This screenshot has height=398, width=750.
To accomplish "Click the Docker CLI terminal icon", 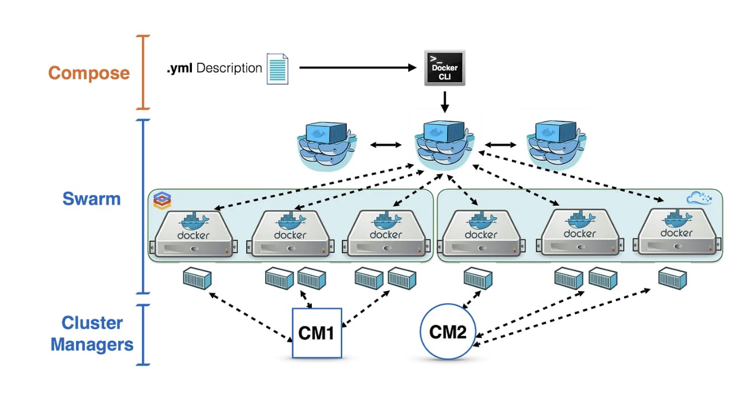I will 444,68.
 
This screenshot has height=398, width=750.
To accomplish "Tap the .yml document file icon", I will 277,68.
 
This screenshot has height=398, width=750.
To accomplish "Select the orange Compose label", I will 89,73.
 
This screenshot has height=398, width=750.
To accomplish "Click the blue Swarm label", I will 92,198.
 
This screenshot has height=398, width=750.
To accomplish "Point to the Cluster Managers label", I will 92,334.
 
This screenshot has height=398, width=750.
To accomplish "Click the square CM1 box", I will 317,333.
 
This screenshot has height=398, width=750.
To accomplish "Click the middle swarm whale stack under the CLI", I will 444,145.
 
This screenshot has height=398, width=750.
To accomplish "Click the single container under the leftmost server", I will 197,278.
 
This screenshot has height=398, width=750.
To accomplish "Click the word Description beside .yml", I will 229,68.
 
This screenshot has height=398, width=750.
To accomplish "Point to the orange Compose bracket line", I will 144,72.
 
